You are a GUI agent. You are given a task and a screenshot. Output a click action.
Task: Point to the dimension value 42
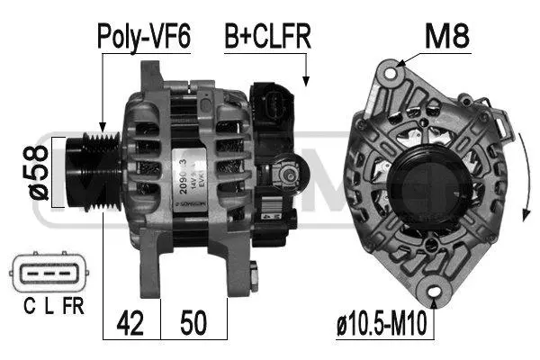tap(132, 322)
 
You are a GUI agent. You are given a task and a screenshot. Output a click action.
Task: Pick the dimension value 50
tap(194, 322)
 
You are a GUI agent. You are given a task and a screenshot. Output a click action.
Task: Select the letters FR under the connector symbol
tap(73, 308)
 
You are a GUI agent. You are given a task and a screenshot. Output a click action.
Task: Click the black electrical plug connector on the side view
tap(274, 112)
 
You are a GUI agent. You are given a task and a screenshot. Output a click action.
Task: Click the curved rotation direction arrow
tap(521, 171)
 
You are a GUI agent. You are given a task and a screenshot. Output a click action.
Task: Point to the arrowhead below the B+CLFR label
tap(306, 83)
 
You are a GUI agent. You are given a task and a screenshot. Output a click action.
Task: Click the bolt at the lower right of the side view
tap(256, 274)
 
